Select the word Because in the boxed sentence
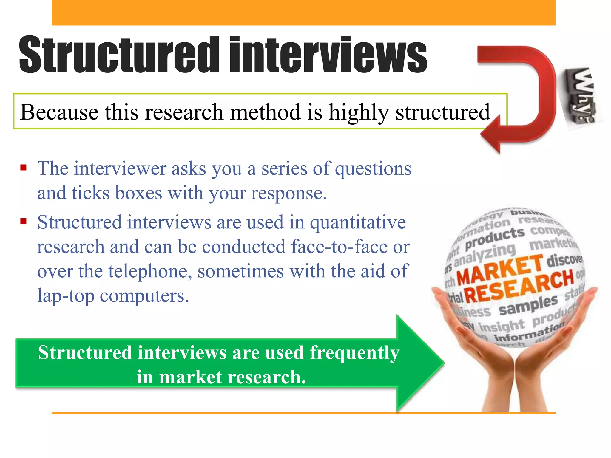pos(59,112)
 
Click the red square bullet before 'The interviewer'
pos(24,168)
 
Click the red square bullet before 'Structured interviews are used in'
pos(24,221)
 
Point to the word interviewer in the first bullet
pos(120,169)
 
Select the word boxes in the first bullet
pos(138,193)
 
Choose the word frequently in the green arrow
pos(354,353)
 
